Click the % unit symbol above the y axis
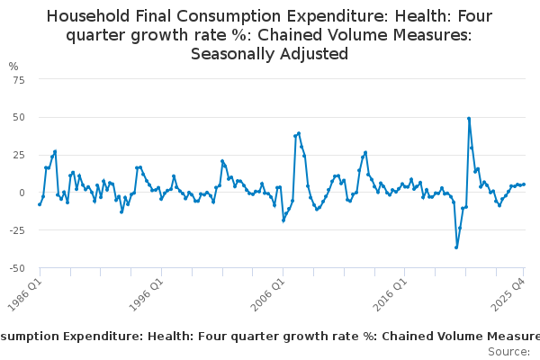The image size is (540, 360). (13, 67)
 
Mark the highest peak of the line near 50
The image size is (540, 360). (469, 118)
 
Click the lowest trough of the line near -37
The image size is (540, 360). (456, 247)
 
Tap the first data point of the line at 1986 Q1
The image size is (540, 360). (40, 204)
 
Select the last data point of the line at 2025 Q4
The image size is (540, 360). (524, 184)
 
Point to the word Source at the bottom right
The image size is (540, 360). (508, 351)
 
